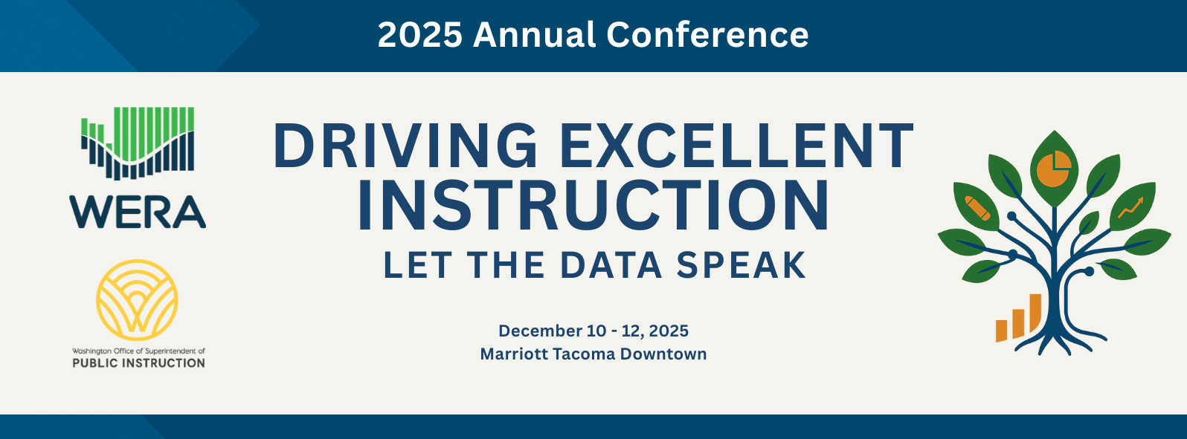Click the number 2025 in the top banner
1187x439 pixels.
419,35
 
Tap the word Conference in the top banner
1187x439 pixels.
707,35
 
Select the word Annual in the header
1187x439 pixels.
534,35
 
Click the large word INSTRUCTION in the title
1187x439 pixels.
593,206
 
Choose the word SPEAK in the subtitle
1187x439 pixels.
742,264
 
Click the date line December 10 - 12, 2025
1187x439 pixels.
593,331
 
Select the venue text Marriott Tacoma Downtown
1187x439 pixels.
593,354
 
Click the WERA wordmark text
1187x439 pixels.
138,212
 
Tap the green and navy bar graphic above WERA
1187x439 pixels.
138,143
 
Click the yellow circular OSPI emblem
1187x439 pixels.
138,300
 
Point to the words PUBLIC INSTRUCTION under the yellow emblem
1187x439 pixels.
139,363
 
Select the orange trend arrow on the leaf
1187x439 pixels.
1130,207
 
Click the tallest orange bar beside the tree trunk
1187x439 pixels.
1035,313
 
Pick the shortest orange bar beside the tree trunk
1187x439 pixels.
1002,331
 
